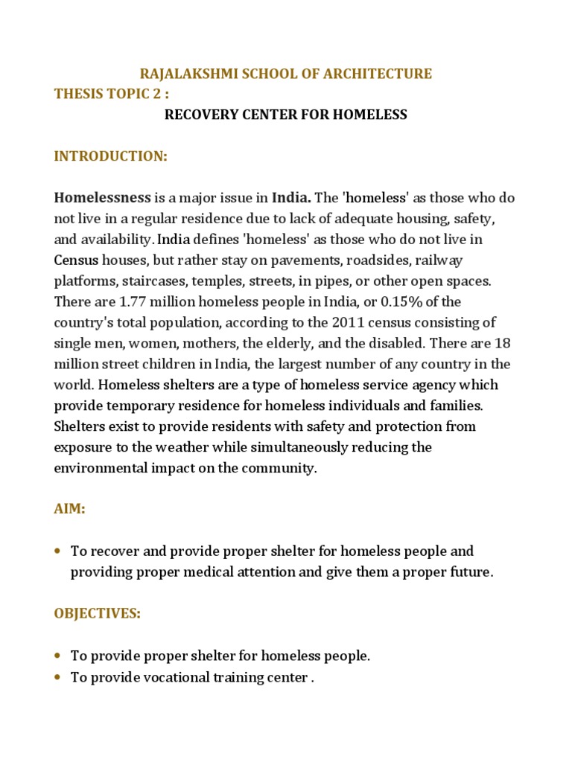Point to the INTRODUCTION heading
point(111,156)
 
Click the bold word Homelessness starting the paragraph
point(102,199)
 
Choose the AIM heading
point(70,510)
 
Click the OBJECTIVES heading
point(97,614)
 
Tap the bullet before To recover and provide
point(58,551)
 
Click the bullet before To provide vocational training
point(58,677)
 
